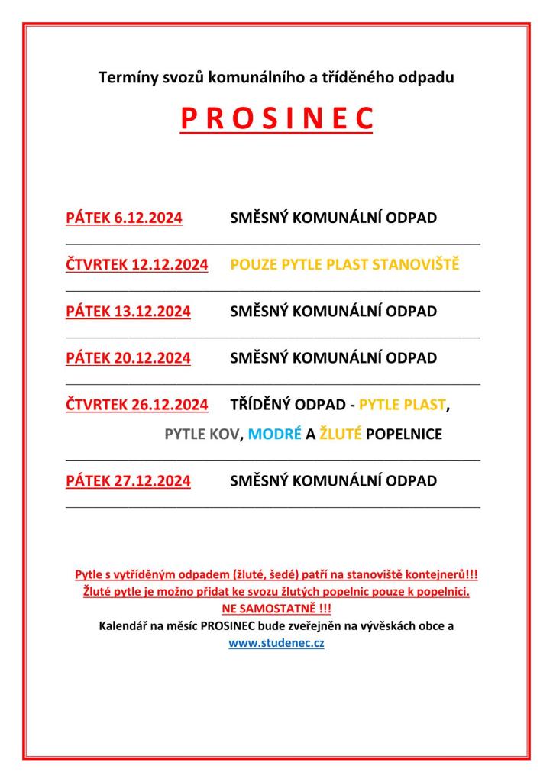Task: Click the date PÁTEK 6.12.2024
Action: pos(124,218)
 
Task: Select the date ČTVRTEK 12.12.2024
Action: pos(137,265)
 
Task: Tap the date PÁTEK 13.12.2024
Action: pos(128,312)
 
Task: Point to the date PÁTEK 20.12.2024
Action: pos(128,358)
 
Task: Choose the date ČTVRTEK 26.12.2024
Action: pos(137,405)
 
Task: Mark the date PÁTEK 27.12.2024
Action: pos(128,481)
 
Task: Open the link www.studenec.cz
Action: pos(276,644)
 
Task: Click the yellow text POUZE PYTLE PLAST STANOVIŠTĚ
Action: pos(344,265)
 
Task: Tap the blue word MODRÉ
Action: pos(265,435)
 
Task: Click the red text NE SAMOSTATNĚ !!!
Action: pos(276,609)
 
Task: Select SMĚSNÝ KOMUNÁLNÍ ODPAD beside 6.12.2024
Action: pos(333,218)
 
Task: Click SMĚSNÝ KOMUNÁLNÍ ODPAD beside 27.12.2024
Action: pos(333,481)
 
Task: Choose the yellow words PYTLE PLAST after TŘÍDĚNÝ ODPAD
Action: pos(401,405)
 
